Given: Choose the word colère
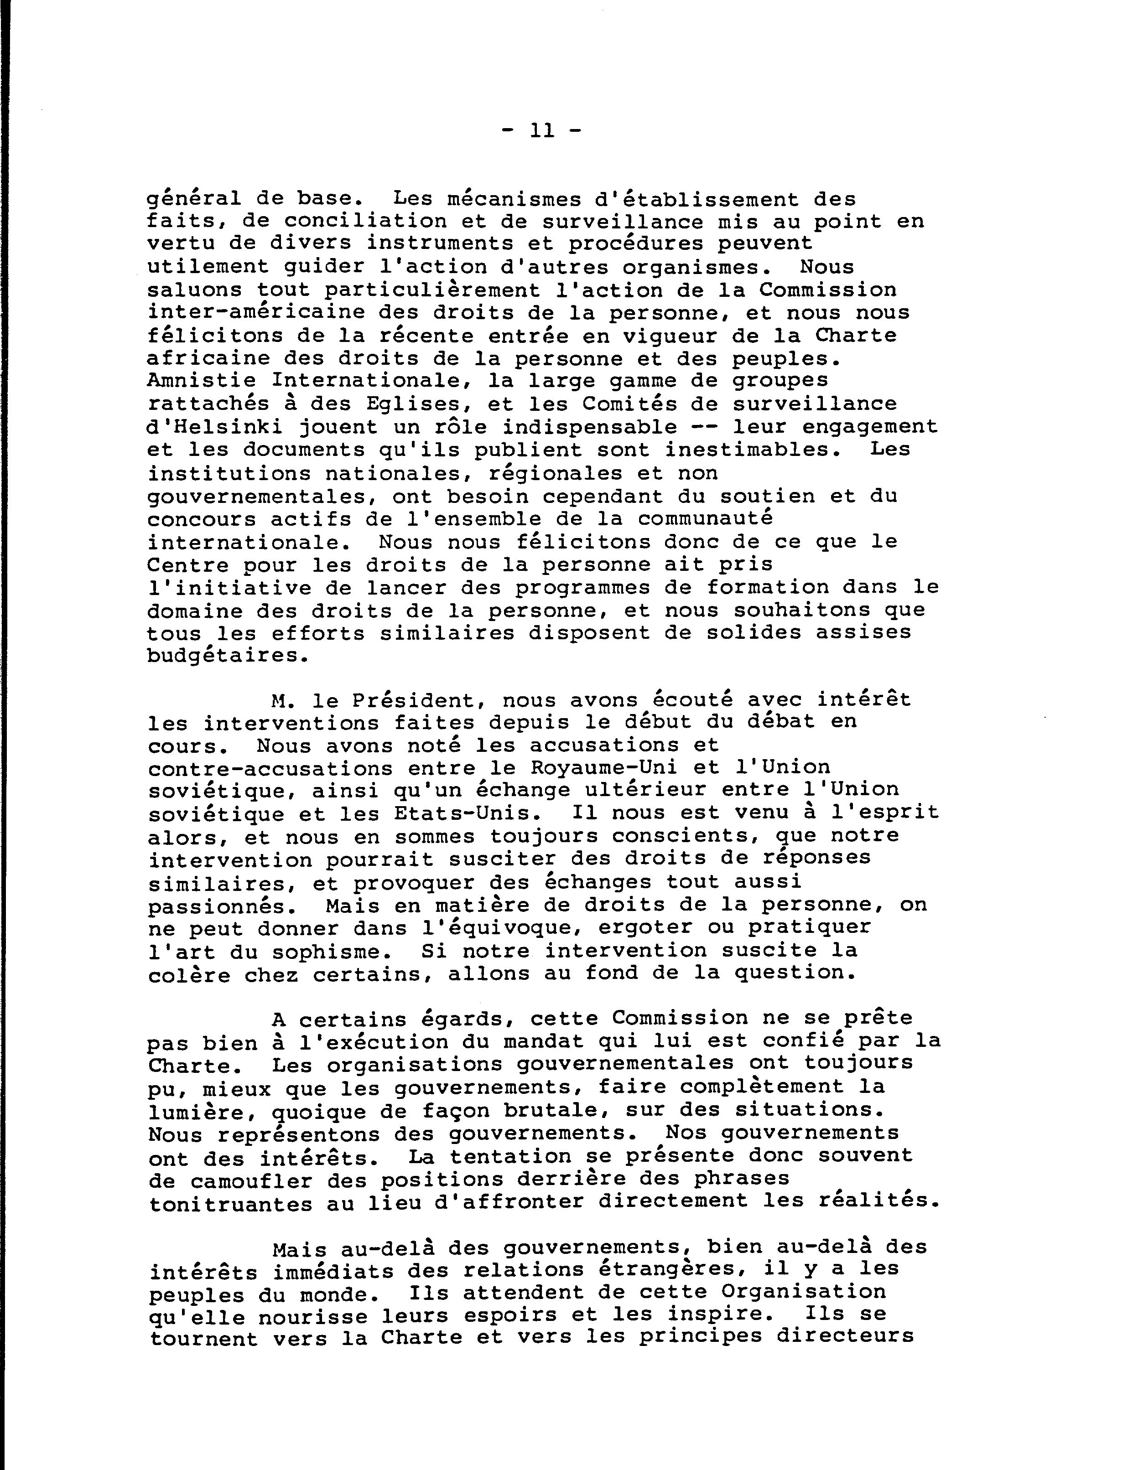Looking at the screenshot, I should click(x=189, y=974).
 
